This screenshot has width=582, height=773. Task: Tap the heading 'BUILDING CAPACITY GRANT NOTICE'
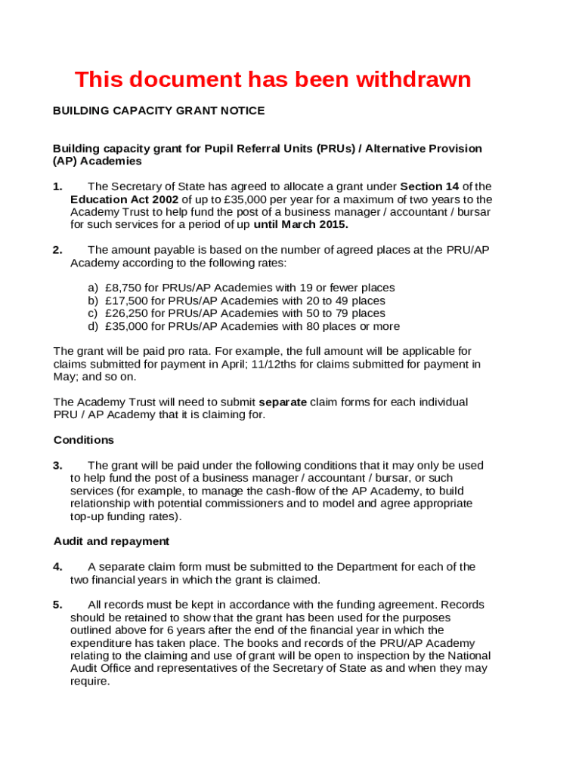(x=159, y=111)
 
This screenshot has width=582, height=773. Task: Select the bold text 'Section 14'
(x=429, y=186)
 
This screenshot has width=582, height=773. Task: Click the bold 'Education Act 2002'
(x=124, y=199)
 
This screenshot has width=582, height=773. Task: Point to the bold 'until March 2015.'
(x=301, y=225)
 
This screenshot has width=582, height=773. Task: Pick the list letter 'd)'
(x=93, y=327)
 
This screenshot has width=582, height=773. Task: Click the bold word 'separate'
(x=283, y=402)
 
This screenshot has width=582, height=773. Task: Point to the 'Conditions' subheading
(x=84, y=440)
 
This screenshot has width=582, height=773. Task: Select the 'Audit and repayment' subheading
(x=111, y=541)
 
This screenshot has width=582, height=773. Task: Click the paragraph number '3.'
(x=57, y=466)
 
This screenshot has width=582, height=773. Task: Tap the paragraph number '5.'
(x=57, y=605)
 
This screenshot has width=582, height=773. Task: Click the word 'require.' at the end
(x=90, y=681)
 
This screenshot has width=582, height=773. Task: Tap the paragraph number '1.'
(x=57, y=186)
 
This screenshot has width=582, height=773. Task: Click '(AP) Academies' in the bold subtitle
(x=98, y=162)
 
